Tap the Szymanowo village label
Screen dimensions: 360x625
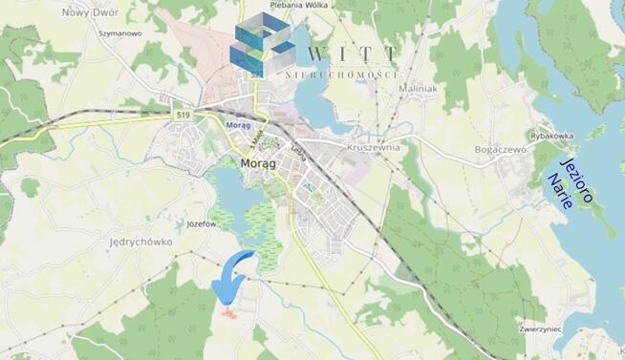pyautogui.click(x=120, y=32)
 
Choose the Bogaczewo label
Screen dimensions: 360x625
pyautogui.click(x=502, y=150)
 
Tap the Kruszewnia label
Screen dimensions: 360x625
pyautogui.click(x=374, y=148)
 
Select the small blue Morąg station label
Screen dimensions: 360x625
pyautogui.click(x=239, y=124)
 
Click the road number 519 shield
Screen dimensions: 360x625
pyautogui.click(x=183, y=115)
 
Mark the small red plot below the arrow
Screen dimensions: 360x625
pyautogui.click(x=226, y=311)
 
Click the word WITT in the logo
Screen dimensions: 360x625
pyautogui.click(x=352, y=53)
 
